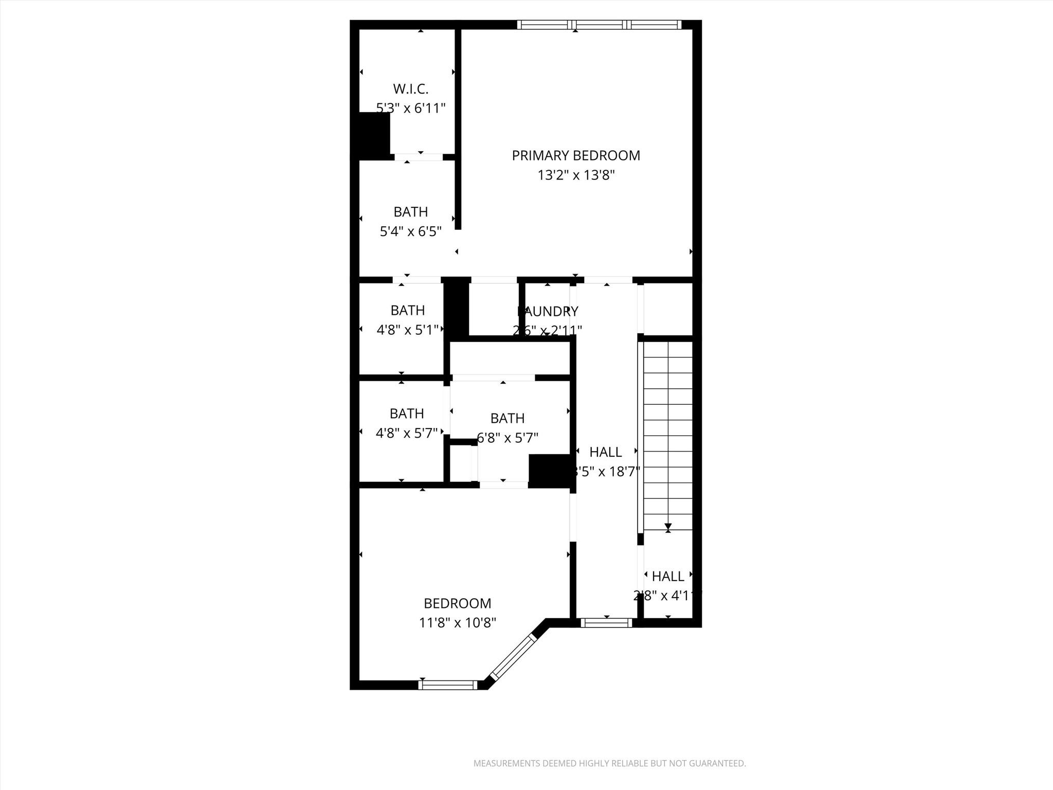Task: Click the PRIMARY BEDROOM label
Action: point(576,155)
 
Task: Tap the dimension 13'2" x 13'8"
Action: point(576,175)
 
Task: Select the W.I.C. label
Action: point(410,89)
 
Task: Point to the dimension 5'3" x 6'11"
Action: point(410,109)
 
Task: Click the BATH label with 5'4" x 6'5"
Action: point(410,212)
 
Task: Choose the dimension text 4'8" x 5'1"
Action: point(407,330)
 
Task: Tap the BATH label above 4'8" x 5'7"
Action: point(407,414)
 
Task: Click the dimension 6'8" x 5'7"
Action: point(507,438)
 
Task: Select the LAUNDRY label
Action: point(548,311)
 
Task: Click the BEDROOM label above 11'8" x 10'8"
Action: point(457,603)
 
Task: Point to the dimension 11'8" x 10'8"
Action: point(457,623)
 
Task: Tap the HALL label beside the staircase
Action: point(605,452)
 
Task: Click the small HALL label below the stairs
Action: point(668,576)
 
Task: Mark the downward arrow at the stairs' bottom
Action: point(668,527)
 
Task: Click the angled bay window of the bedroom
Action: point(512,657)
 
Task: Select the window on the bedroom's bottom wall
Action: point(448,685)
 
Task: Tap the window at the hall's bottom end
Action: point(606,623)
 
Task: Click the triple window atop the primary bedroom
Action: point(599,24)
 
